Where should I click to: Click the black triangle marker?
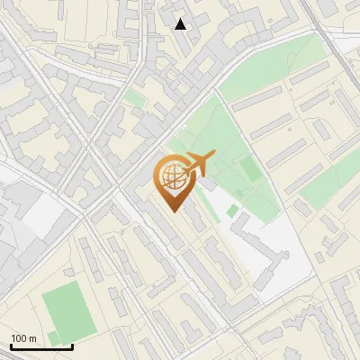(181, 24)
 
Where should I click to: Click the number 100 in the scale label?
(19, 338)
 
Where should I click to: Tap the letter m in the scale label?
(32, 338)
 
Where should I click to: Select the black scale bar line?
(41, 346)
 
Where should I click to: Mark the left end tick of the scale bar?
(11, 345)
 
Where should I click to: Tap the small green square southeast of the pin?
(233, 211)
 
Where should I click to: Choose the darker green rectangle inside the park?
(249, 168)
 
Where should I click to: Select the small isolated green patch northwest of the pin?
(134, 97)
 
